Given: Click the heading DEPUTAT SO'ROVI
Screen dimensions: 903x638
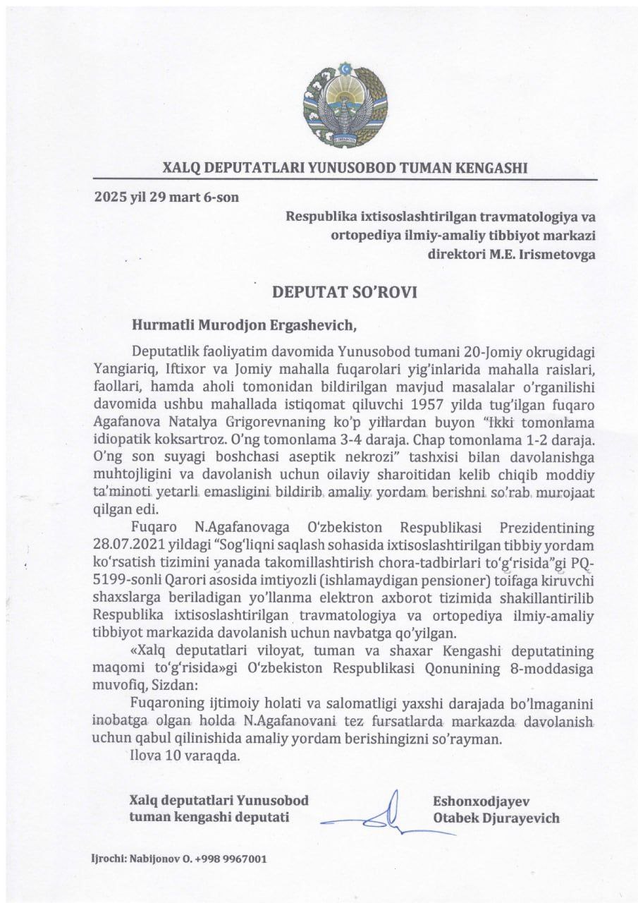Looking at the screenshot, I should point(345,292).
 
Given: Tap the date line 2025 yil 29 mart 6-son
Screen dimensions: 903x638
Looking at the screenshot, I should point(166,197).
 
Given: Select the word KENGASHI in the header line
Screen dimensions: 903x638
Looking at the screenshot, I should point(492,169).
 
